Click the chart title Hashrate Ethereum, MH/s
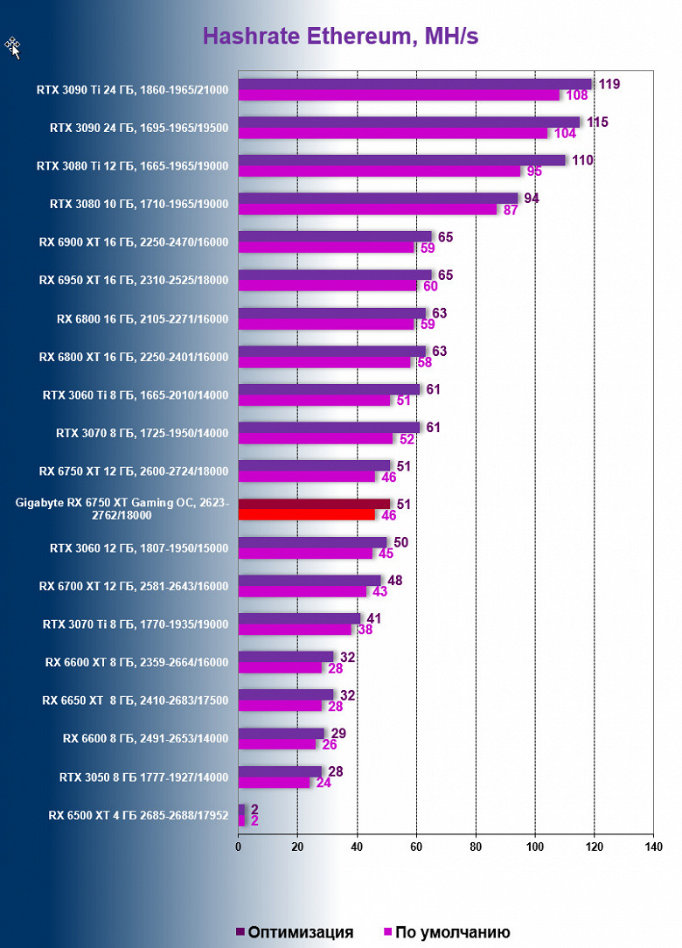pos(340,37)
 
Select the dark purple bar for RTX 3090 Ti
pos(414,84)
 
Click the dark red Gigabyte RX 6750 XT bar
pos(315,504)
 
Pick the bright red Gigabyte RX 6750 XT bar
pos(307,515)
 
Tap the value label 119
pos(609,84)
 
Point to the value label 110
pos(583,160)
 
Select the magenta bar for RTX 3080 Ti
pos(379,171)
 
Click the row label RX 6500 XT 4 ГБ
pos(138,816)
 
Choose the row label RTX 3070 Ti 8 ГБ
pos(136,624)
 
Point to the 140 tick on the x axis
pos(653,847)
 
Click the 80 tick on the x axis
pos(476,847)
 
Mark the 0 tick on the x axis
pos(239,847)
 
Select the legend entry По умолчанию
pos(447,932)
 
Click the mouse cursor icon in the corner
pos(13,47)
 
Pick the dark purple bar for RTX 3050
pos(280,771)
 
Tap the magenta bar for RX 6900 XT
pos(326,247)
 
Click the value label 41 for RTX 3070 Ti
pos(373,618)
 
